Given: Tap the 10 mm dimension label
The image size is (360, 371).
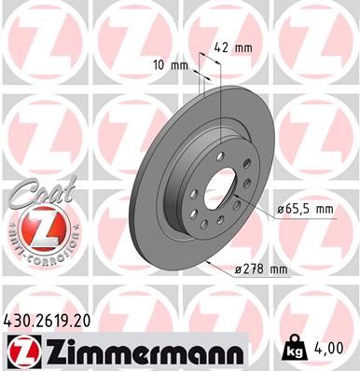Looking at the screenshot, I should click(175, 66).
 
